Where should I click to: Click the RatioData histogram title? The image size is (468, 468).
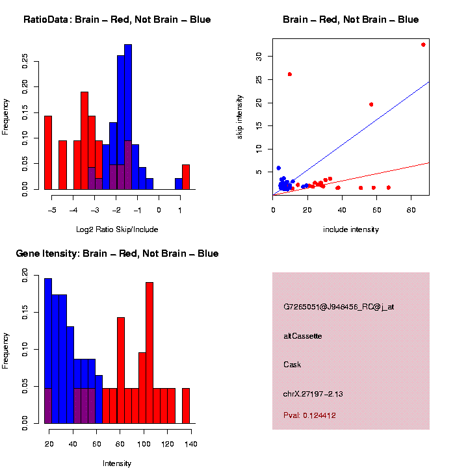(117, 20)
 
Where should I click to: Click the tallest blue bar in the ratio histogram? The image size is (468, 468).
(128, 117)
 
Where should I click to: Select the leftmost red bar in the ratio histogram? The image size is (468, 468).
(47, 153)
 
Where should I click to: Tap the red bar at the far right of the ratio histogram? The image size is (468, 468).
(186, 177)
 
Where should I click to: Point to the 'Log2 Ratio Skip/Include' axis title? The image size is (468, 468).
(117, 229)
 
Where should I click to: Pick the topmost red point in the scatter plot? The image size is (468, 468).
(423, 45)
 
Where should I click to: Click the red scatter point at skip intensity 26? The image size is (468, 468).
(290, 74)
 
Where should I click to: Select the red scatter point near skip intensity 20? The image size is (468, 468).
(371, 104)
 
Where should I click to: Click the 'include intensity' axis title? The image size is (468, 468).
(351, 229)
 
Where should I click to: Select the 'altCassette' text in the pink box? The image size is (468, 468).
(303, 336)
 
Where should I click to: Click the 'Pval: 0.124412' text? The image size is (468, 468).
(309, 415)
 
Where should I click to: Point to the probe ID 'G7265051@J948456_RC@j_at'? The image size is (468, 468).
(338, 307)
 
